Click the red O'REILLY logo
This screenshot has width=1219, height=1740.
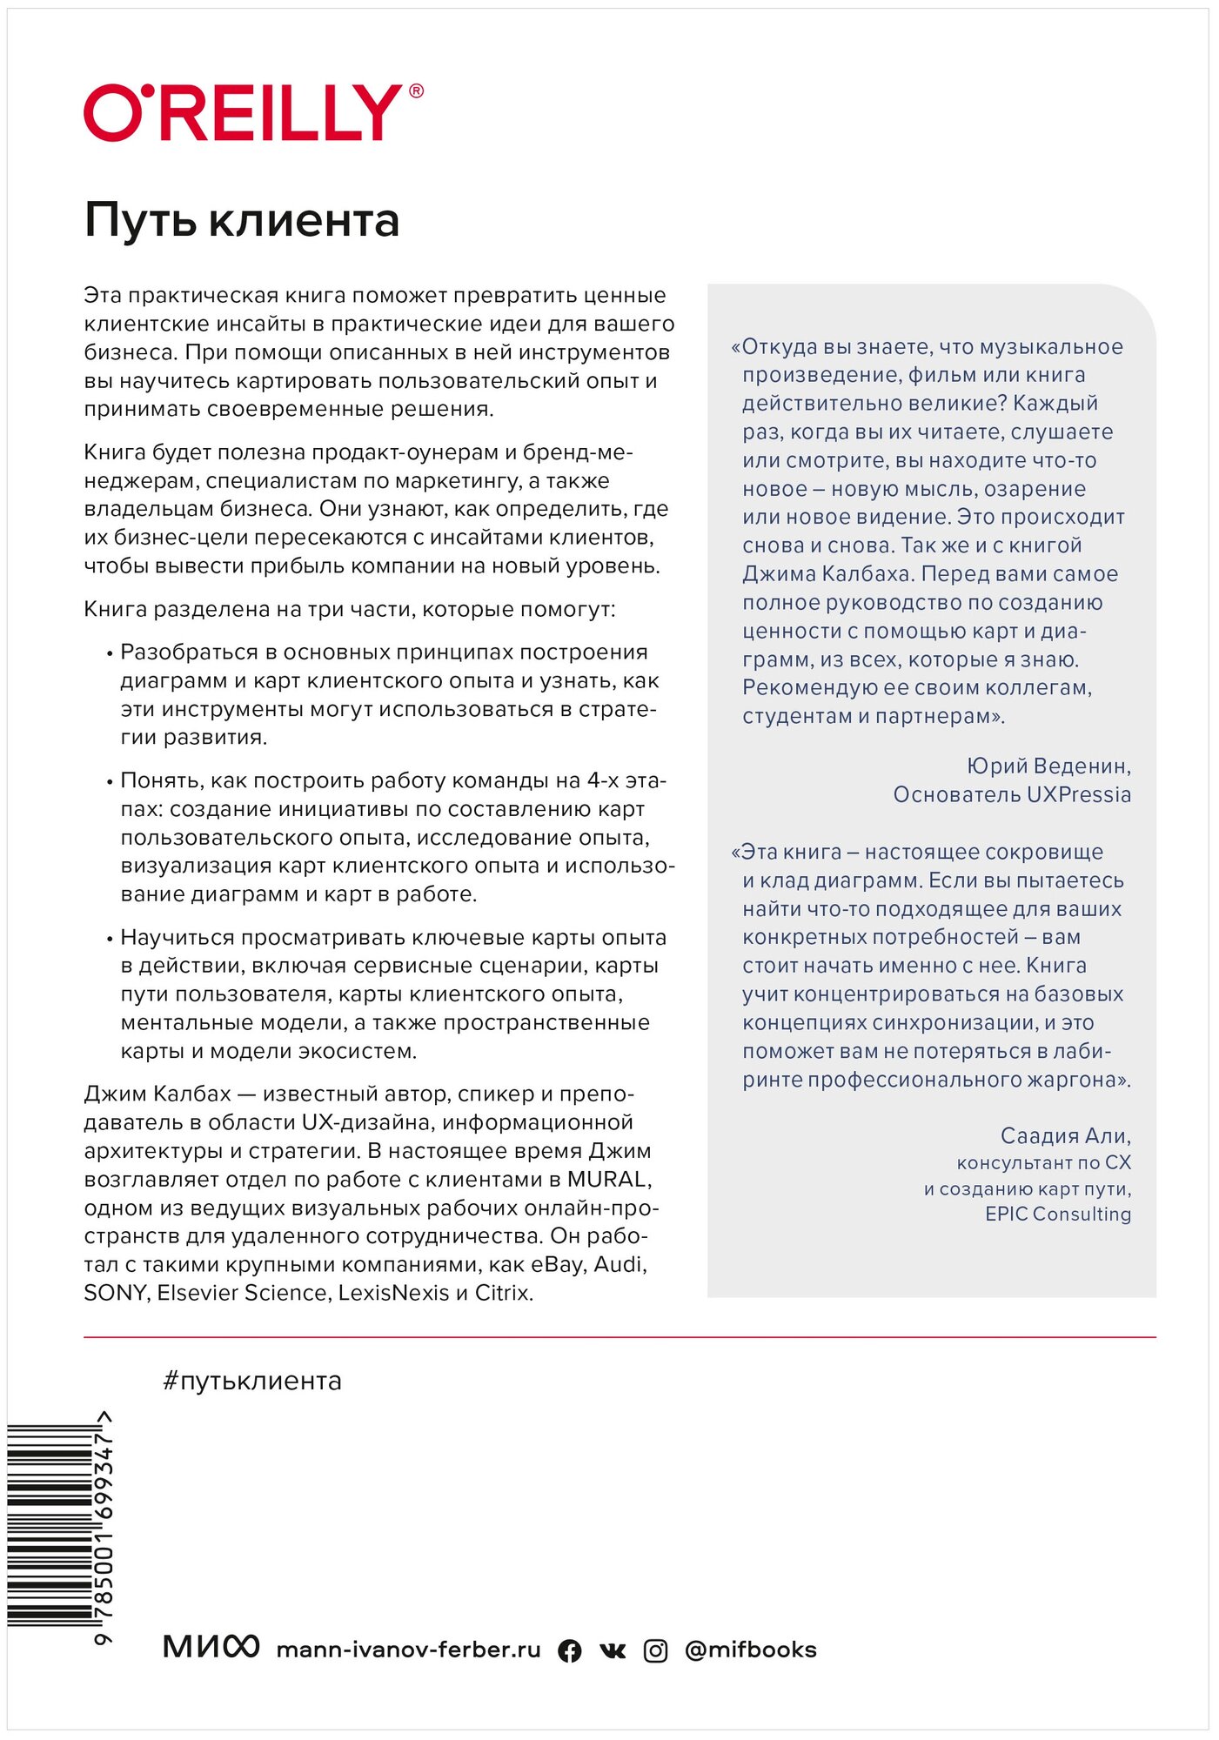click(244, 113)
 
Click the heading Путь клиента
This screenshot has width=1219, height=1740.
click(242, 221)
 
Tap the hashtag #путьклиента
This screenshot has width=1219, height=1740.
click(251, 1382)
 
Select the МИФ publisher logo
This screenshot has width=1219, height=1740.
click(211, 1647)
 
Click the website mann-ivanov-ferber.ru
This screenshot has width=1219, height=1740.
click(408, 1650)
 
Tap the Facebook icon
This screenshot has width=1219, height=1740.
click(570, 1651)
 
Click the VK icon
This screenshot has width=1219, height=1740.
click(613, 1651)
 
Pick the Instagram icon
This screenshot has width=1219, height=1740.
click(655, 1651)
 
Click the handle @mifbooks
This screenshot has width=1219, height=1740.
click(751, 1650)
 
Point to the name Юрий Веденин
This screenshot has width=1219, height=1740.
click(1048, 766)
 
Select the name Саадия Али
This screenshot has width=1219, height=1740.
click(1065, 1136)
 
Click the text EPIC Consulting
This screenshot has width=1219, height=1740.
click(1058, 1215)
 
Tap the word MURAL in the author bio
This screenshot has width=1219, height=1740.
click(607, 1180)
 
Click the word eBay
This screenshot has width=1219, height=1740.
click(557, 1265)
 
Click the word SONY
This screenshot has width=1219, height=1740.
click(117, 1294)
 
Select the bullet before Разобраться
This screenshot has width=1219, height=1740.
click(110, 654)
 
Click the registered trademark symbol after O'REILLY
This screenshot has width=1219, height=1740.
click(416, 91)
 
